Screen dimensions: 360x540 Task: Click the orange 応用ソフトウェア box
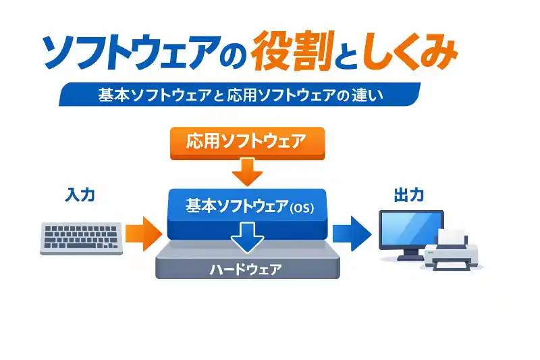[x=246, y=143]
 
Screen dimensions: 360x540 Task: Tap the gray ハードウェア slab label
[x=246, y=269]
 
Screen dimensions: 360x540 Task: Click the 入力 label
[x=80, y=195]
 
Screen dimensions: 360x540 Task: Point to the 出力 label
[x=408, y=195]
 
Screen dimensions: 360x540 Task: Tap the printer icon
[x=453, y=253]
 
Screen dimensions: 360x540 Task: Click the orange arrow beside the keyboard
[x=143, y=233]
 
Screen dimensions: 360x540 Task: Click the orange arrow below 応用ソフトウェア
[x=247, y=172]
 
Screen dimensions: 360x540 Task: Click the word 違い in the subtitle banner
[x=367, y=95]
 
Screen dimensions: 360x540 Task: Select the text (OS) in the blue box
[x=301, y=209]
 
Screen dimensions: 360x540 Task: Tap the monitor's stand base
[x=410, y=257]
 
